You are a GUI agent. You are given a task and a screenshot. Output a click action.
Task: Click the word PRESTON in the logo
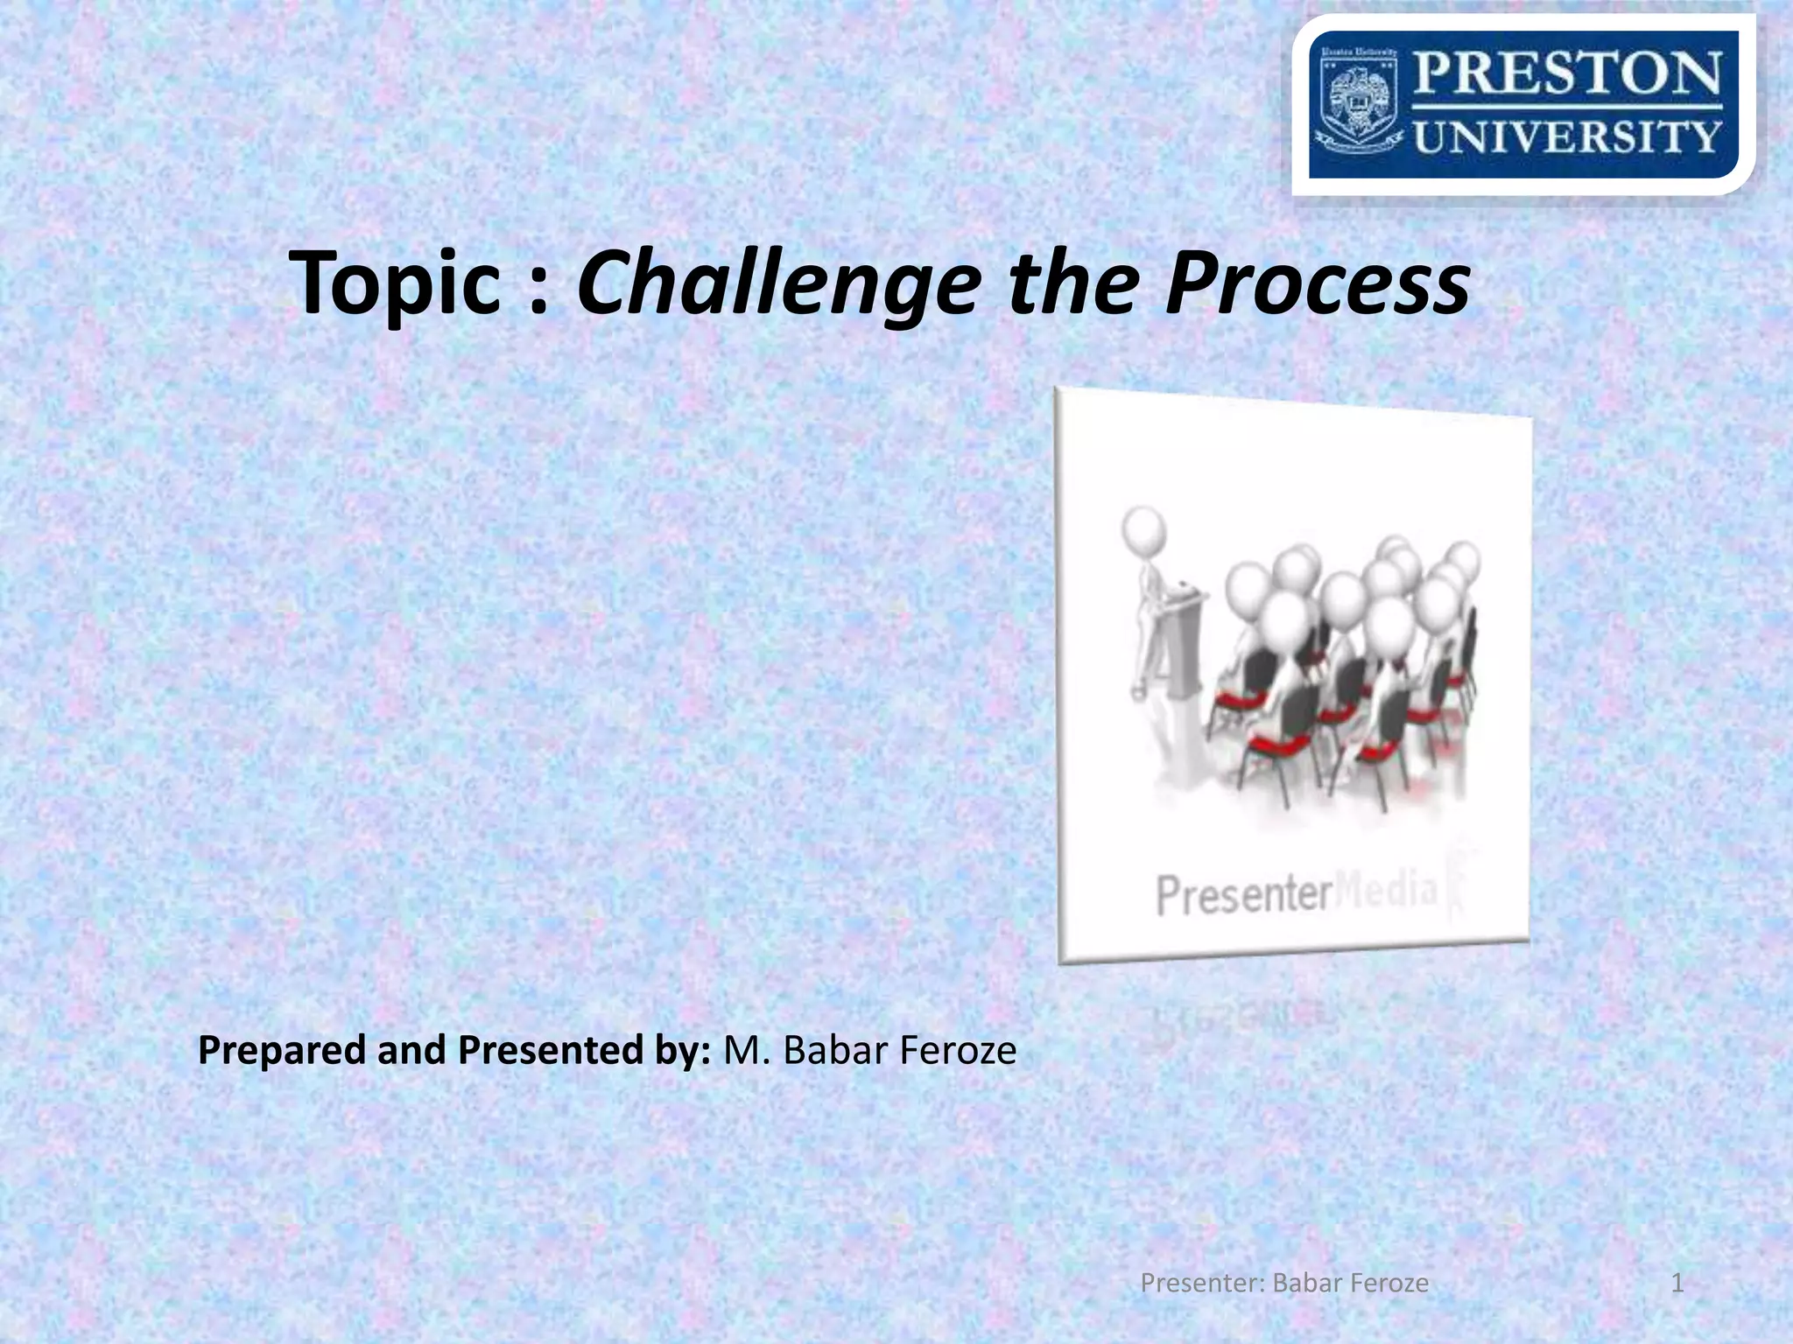1567,73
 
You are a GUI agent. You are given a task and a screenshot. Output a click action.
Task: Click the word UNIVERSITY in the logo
1567,137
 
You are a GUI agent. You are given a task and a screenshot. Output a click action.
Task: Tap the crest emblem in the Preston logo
1359,105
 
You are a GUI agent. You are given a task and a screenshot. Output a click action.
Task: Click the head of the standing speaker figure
1144,528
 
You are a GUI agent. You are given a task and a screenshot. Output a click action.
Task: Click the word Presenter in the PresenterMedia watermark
1243,896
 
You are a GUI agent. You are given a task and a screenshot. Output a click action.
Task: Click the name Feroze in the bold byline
958,1050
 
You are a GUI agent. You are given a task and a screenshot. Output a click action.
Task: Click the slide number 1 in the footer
1677,1284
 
